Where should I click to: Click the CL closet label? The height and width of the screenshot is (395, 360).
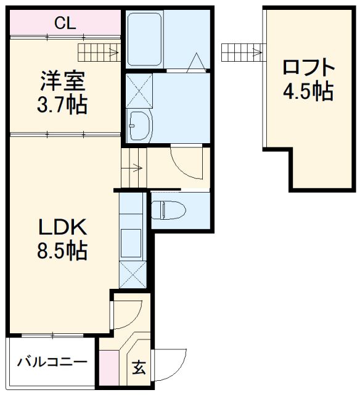[65, 23]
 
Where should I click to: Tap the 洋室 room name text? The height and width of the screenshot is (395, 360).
[63, 81]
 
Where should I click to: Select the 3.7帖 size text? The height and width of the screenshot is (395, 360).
[62, 104]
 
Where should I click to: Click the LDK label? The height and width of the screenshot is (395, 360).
[63, 227]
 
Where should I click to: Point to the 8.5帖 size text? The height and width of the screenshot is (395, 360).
[62, 251]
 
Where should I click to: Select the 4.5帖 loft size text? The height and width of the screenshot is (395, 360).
[308, 91]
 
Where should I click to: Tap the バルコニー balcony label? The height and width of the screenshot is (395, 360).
[52, 362]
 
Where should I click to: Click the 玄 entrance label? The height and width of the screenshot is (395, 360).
[139, 368]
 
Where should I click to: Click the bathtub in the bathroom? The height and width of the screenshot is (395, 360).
[144, 39]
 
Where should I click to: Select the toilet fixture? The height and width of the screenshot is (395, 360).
[168, 210]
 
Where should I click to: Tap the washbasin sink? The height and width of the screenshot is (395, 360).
[139, 125]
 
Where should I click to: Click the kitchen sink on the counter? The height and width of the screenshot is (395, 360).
[131, 243]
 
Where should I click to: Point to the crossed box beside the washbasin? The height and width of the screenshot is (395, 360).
[139, 91]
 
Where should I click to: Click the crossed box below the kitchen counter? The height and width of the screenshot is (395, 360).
[133, 274]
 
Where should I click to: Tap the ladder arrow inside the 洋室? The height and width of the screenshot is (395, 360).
[113, 52]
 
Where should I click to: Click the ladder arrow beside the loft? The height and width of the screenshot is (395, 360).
[257, 52]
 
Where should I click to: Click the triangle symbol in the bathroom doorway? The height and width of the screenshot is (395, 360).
[196, 62]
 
